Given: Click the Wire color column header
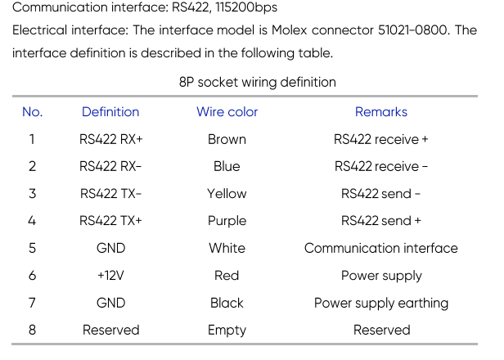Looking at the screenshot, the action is [x=227, y=112].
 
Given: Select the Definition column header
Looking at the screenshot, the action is [x=110, y=112].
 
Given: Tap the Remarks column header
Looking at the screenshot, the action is [x=381, y=112].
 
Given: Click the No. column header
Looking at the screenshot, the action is [x=32, y=112].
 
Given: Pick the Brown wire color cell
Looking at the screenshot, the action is [x=227, y=139].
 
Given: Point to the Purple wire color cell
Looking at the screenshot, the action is [x=227, y=221].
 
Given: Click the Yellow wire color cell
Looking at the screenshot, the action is [x=227, y=193].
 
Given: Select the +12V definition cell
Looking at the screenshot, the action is [x=110, y=276].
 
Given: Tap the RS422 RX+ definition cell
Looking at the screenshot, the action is [x=110, y=139].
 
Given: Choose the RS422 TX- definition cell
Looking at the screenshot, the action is [x=110, y=193].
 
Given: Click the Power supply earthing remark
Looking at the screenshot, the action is [x=381, y=303].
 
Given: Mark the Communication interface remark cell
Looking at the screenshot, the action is [x=381, y=248].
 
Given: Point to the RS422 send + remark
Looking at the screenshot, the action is [x=381, y=221].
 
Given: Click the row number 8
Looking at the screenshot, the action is [x=32, y=330].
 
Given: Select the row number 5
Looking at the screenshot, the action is [x=32, y=248].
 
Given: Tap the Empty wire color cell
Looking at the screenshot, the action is [x=227, y=331].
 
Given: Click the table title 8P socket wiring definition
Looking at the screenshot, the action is [x=258, y=83].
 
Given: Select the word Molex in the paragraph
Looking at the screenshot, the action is [x=290, y=30].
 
